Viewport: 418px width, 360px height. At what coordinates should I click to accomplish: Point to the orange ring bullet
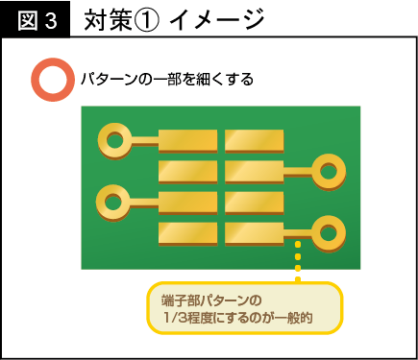pos(50,81)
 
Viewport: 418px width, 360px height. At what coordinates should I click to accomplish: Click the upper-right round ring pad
pos(329,173)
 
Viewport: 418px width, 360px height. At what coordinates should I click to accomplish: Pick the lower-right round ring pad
pos(329,231)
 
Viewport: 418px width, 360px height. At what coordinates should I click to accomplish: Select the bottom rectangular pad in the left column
pos(187,232)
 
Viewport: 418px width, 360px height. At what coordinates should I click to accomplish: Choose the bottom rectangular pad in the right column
pos(255,232)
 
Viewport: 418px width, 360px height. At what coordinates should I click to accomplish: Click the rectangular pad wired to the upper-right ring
pos(255,172)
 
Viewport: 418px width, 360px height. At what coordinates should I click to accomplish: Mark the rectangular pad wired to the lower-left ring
pos(187,203)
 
